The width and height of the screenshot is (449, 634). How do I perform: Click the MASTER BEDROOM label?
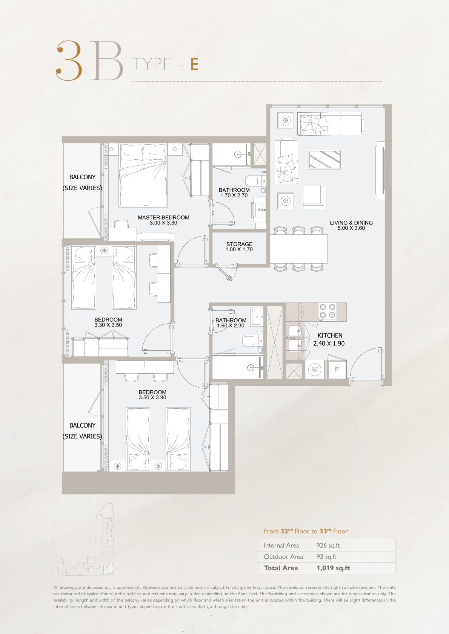(163, 217)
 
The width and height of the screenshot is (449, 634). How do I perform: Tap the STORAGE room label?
(239, 244)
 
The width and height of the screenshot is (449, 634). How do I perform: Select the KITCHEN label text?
(330, 335)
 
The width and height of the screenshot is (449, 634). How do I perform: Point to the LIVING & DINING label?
(351, 223)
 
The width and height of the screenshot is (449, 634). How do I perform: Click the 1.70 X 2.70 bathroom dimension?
(234, 195)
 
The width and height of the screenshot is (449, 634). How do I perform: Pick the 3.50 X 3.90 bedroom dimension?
(152, 397)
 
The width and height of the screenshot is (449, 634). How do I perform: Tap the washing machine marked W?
(315, 369)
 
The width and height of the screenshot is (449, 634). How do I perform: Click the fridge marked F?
(337, 369)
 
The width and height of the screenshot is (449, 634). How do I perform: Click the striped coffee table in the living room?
(324, 160)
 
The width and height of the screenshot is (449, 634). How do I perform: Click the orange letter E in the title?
(194, 64)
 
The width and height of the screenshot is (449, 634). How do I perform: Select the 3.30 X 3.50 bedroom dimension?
(108, 325)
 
